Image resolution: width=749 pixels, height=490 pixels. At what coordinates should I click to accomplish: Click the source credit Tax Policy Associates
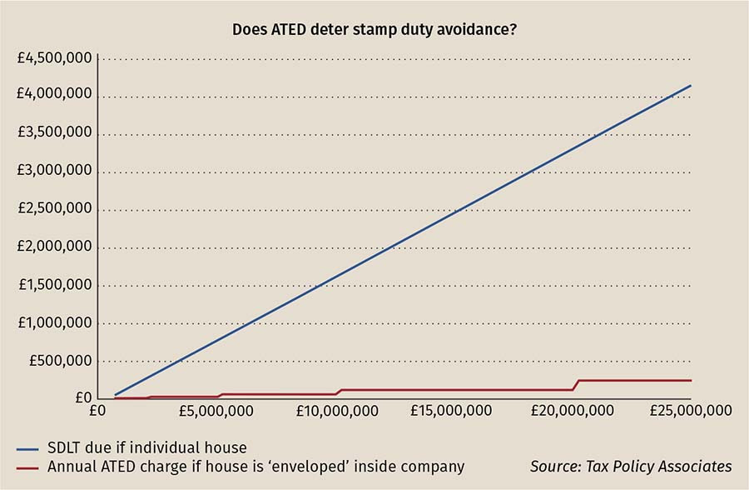click(631, 467)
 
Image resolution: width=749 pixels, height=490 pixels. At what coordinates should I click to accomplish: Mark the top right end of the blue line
click(691, 86)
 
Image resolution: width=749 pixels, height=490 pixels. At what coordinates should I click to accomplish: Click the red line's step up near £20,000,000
click(576, 385)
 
